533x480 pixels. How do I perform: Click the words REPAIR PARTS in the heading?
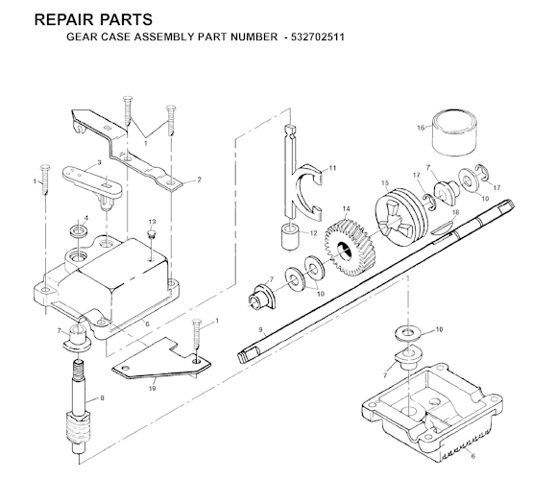[x=78, y=18]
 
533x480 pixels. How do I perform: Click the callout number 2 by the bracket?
[x=198, y=180]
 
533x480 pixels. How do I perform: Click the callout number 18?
[x=455, y=210]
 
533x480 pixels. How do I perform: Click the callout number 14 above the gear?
[x=346, y=208]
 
